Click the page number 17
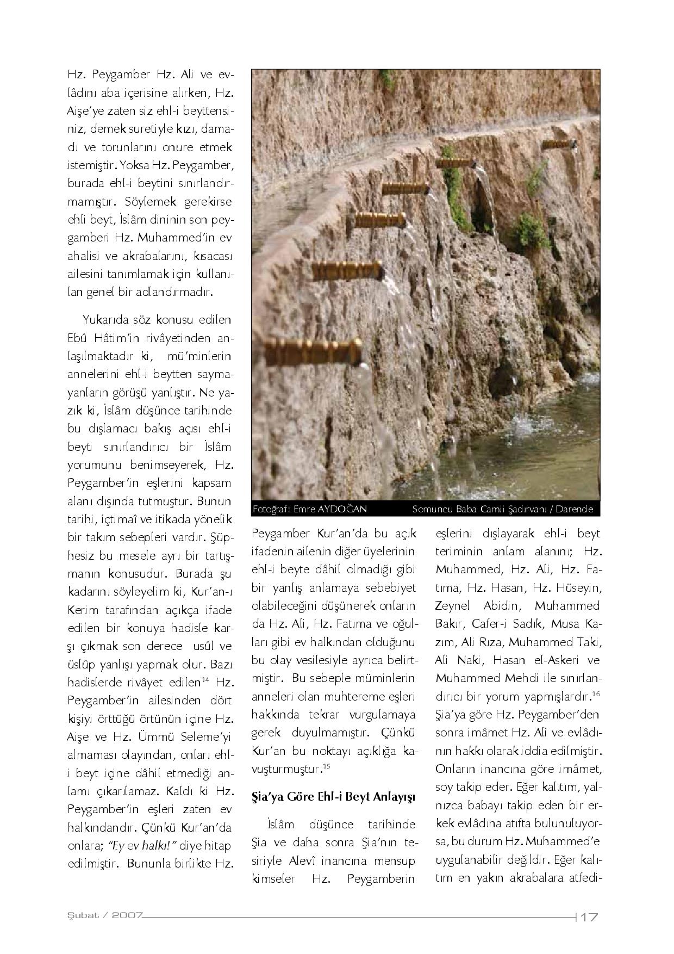pos(589,916)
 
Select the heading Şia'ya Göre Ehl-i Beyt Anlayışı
pos(333,797)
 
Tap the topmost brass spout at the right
pos(560,144)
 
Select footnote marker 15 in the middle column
pos(327,766)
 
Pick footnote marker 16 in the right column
pos(596,694)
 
